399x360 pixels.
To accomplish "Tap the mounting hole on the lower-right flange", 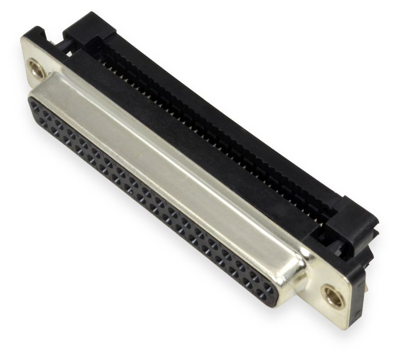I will (332, 296).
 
